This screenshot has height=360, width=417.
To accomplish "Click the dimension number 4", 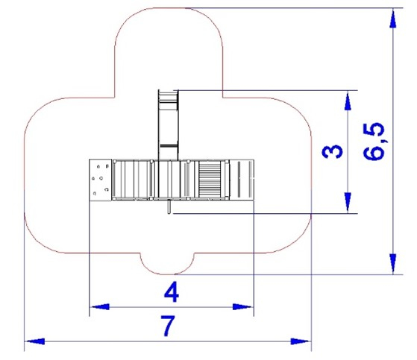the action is point(172,291).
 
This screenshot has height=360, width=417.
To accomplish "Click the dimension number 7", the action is point(168,326).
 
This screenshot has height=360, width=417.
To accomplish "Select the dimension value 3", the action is point(333,151).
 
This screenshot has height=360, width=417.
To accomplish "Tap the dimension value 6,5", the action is point(374,142).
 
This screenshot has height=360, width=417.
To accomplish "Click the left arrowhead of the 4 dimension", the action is point(100,307).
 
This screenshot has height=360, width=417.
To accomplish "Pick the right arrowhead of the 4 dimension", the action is point(242,307).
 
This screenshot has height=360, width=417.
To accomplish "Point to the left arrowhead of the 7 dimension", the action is point(35,341).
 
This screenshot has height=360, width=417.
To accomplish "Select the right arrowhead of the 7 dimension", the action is point(301,341).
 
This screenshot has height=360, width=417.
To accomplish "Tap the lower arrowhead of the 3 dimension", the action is point(348,203).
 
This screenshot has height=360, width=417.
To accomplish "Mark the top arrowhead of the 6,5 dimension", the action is point(393,19).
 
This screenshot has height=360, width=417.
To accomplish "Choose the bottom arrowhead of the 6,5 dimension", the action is point(393,264).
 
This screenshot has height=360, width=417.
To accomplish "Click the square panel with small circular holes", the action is point(100,180).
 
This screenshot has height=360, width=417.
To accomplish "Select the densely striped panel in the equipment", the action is point(210,180).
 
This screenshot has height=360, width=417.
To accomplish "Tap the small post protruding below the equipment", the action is point(169,206).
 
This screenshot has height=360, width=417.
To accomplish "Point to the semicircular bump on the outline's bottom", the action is point(168,264).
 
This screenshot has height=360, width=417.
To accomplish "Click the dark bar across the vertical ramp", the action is point(169,146).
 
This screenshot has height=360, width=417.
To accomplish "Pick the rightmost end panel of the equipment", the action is point(242,180).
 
